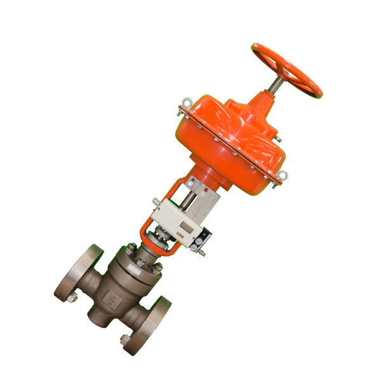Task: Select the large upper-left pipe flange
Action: tap(79, 274)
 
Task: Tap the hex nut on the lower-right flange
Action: tap(123, 340)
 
